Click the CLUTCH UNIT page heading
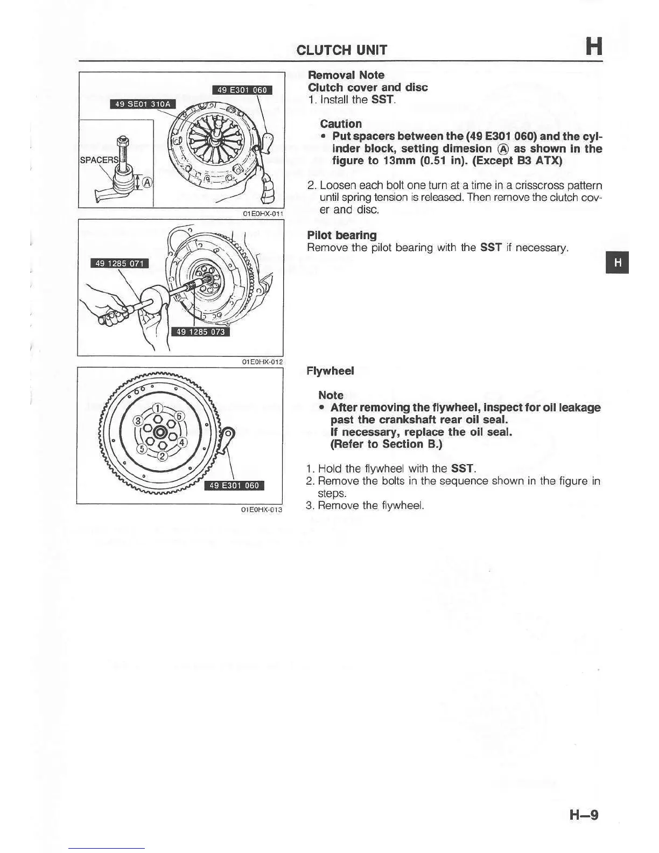341,50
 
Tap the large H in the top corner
593,46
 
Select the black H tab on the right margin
617,262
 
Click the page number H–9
584,814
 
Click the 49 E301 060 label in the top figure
242,90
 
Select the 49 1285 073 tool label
200,332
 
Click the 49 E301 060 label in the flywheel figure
234,485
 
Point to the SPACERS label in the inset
99,160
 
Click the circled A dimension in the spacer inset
146,182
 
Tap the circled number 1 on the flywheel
157,408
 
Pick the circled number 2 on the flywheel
163,457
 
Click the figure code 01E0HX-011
263,213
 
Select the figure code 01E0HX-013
262,509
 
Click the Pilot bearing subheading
341,235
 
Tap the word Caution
340,124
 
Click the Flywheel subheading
330,370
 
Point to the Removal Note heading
346,75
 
